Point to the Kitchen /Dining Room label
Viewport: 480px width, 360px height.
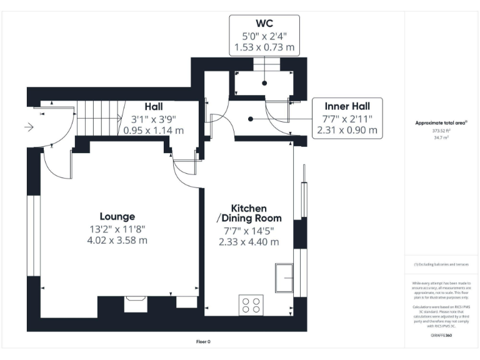[x=249, y=213]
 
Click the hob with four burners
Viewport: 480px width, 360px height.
[x=251, y=306]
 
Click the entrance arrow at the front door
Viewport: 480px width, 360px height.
[x=29, y=127]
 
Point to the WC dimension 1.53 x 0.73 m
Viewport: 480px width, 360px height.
[x=264, y=47]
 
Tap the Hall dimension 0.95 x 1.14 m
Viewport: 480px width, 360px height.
[x=154, y=131]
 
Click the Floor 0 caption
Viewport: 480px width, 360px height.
[x=204, y=341]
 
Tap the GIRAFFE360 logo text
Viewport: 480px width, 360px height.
[x=442, y=335]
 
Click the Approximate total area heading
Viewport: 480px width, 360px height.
[x=441, y=123]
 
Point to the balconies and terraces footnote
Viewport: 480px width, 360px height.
[x=441, y=264]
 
